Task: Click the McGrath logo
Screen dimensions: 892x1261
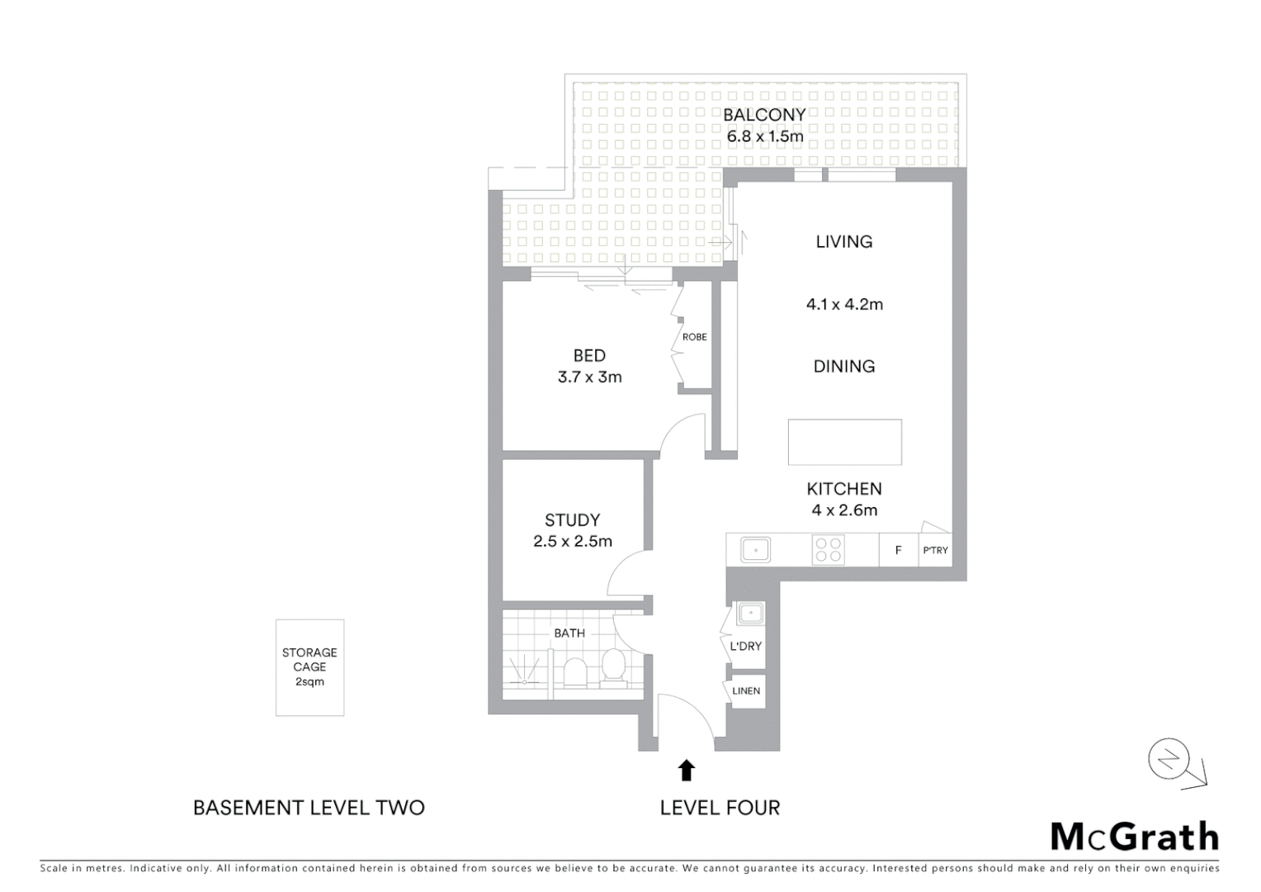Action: point(1134,837)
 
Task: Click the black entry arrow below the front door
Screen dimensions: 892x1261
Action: point(686,770)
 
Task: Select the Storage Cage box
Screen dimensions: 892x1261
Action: point(309,667)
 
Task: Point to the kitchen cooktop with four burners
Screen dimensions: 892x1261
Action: point(828,550)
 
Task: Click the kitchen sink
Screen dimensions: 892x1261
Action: point(755,550)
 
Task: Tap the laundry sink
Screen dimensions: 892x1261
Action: point(750,614)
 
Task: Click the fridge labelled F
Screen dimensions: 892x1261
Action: point(898,550)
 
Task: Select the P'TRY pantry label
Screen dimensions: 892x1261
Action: point(935,550)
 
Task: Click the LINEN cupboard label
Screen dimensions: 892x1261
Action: point(746,690)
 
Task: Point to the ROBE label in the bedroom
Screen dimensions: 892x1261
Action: point(694,337)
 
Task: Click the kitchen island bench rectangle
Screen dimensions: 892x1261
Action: point(844,442)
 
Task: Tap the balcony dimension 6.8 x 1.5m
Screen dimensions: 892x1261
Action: point(764,136)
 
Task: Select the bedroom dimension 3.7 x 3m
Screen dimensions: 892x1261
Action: point(589,377)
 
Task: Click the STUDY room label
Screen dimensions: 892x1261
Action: point(572,520)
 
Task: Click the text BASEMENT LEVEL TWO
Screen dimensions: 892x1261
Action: point(309,808)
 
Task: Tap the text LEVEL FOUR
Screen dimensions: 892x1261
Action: point(720,808)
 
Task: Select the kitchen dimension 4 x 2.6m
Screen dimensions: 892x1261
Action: point(844,510)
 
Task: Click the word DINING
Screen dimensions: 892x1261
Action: point(843,367)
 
